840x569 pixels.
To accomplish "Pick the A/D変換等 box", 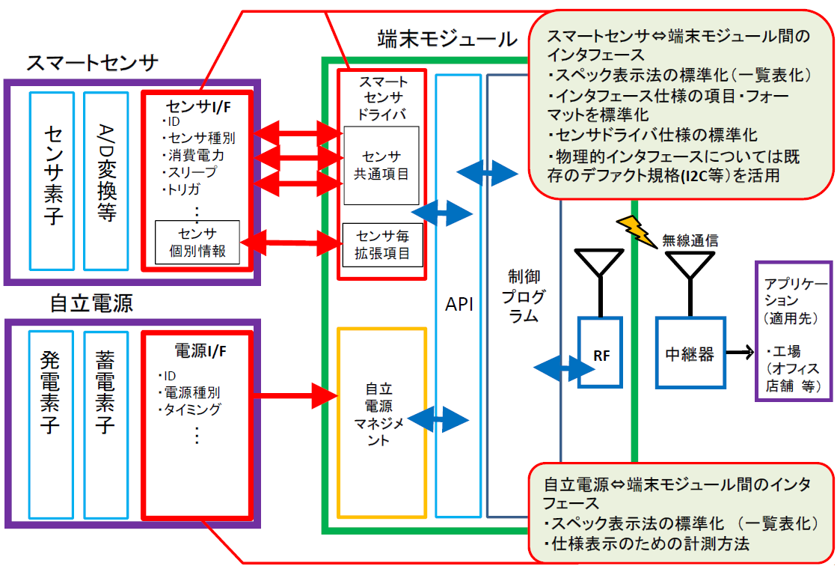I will tap(105, 180).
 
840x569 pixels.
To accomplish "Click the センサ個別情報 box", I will tap(197, 242).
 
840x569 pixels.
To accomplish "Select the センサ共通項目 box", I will tap(381, 165).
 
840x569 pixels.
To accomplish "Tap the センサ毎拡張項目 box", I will tap(381, 245).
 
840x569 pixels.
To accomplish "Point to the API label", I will tap(459, 305).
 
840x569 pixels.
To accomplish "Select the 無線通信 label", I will tap(690, 240).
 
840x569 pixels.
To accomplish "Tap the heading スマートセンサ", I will tap(92, 63).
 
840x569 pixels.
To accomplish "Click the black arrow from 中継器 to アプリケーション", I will tap(739, 351).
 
